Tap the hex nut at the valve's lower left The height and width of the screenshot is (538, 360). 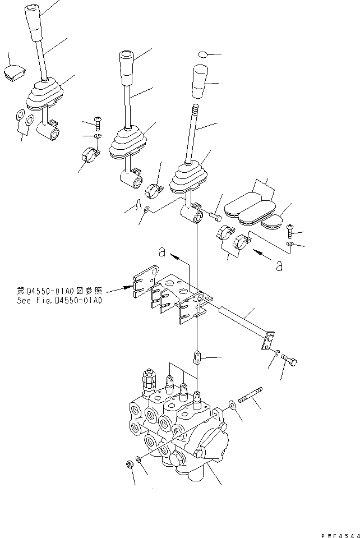tap(128, 465)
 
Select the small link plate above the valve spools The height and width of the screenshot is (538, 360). tap(197, 357)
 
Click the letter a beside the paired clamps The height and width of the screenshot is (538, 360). tap(279, 266)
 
